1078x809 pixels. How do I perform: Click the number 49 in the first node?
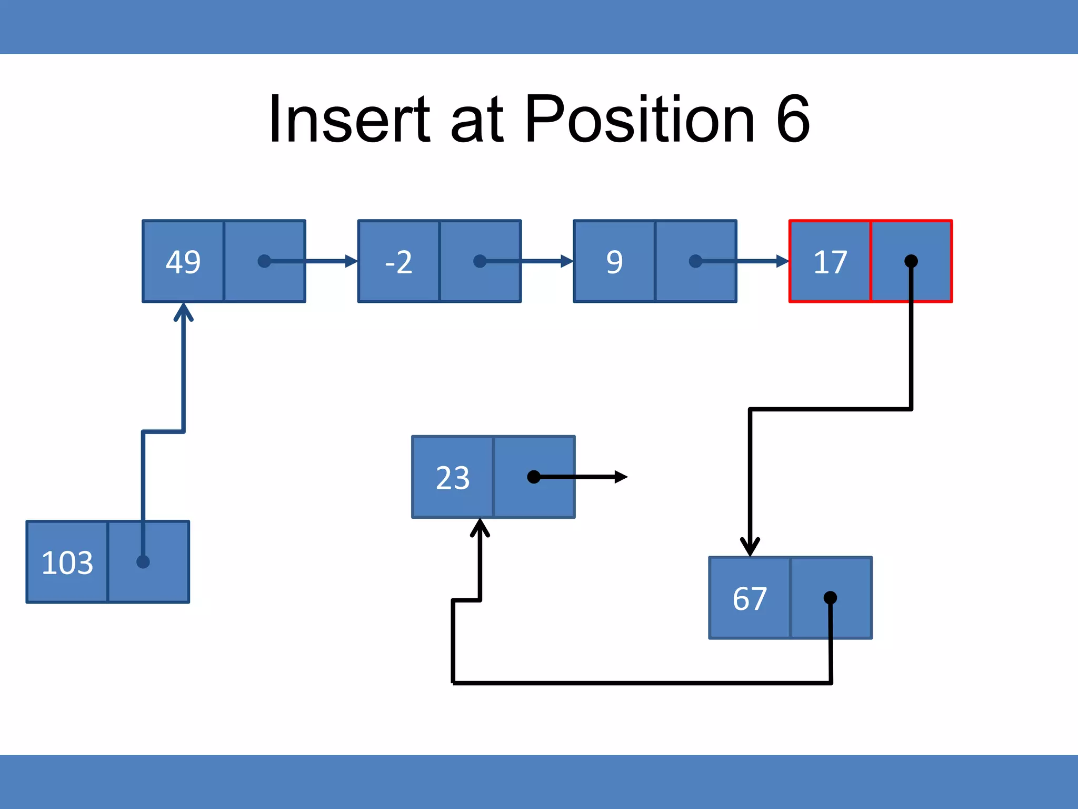point(183,262)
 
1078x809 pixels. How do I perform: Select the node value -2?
point(398,262)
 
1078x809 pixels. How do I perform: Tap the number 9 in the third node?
point(614,262)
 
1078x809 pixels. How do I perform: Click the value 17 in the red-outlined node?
point(830,262)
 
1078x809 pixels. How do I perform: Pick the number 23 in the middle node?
point(453,478)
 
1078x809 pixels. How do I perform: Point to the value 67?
point(750,599)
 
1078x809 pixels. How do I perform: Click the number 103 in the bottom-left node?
point(67,563)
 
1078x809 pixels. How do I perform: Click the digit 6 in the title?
point(792,119)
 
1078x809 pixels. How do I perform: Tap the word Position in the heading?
point(640,119)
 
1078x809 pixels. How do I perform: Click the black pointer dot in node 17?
point(911,261)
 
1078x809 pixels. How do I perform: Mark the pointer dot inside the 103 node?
point(143,562)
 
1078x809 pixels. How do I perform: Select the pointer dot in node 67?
point(830,597)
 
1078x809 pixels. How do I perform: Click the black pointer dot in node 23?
point(534,477)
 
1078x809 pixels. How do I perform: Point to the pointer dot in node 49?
point(264,261)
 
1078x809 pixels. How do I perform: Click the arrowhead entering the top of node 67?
point(750,548)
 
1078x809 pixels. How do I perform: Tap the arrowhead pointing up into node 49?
point(183,311)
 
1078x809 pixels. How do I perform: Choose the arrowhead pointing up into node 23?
point(480,527)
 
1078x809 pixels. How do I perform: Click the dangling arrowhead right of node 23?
point(621,477)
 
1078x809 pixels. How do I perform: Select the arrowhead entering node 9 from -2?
point(567,261)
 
